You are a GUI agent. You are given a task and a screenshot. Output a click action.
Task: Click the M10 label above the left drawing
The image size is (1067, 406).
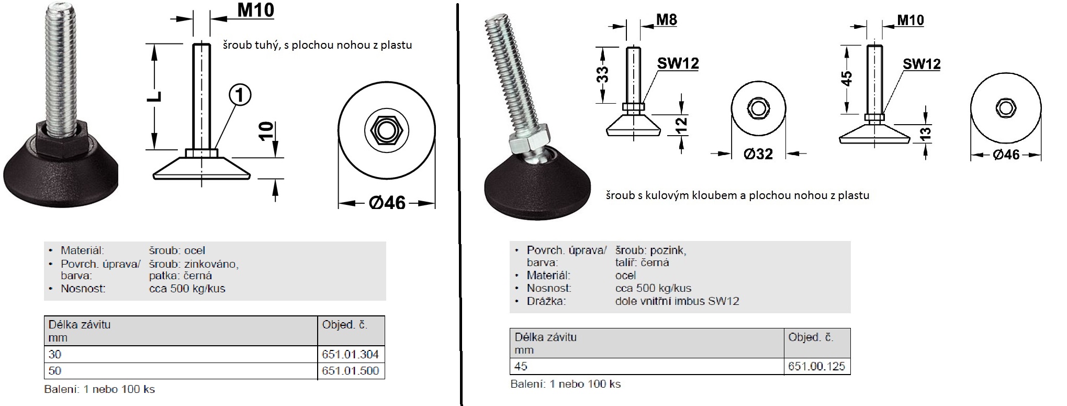pyautogui.click(x=256, y=10)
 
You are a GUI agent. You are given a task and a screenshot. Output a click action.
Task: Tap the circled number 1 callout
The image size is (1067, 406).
pyautogui.click(x=240, y=95)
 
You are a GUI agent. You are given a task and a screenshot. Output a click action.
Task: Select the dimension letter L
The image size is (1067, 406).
pyautogui.click(x=156, y=96)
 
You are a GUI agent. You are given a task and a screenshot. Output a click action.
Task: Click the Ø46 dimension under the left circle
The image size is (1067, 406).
pyautogui.click(x=387, y=202)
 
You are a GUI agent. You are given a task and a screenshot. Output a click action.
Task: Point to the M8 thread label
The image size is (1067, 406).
pyautogui.click(x=667, y=20)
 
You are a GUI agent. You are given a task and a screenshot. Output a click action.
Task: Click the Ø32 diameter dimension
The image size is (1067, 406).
pyautogui.click(x=758, y=153)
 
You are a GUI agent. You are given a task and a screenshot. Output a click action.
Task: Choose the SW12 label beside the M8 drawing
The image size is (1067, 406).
pyautogui.click(x=678, y=63)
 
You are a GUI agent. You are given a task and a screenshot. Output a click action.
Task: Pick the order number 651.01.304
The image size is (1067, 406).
pyautogui.click(x=350, y=354)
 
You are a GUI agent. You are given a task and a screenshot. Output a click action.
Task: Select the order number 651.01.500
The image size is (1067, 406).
pyautogui.click(x=350, y=370)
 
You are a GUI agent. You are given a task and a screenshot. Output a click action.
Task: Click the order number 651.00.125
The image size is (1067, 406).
pyautogui.click(x=816, y=366)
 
